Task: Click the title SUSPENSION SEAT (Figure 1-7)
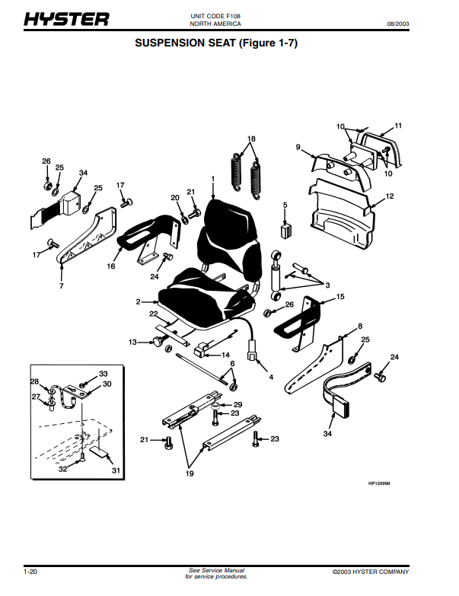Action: (x=216, y=43)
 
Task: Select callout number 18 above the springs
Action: (x=251, y=139)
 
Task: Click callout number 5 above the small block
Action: (x=285, y=205)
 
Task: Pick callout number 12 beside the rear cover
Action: (x=390, y=196)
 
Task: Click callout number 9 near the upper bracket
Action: (x=299, y=146)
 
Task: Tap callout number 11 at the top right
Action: (x=398, y=125)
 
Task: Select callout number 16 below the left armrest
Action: (x=111, y=267)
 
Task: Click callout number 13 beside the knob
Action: (x=132, y=343)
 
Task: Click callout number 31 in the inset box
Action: (x=116, y=470)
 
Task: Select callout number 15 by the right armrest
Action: (x=340, y=297)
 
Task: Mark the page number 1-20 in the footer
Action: (x=31, y=571)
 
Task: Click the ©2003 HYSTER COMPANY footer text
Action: (x=371, y=572)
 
